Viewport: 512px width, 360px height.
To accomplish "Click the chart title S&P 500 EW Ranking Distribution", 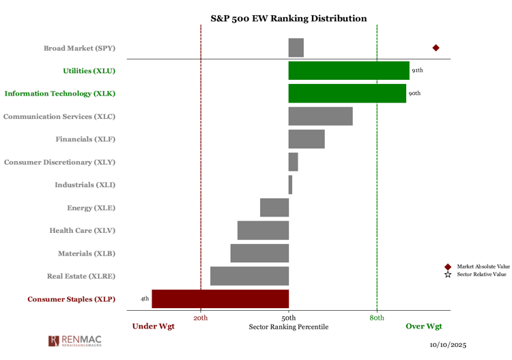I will point(288,18).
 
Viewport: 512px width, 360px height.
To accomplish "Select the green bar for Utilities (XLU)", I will point(349,70).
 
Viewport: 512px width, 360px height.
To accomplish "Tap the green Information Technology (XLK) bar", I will point(347,94).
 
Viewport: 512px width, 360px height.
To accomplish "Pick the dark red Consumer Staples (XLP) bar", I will point(220,299).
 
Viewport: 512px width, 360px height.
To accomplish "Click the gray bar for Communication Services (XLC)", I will point(320,116).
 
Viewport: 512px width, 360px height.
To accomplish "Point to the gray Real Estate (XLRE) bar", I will point(249,276).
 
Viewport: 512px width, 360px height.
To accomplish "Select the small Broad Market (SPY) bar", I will point(296,48).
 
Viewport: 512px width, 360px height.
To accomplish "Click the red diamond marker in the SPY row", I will point(436,48).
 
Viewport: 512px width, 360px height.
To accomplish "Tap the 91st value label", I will point(417,70).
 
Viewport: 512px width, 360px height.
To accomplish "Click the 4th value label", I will point(145,299).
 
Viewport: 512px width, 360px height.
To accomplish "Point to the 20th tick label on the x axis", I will point(201,318).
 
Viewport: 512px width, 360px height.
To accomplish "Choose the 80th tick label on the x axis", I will point(377,318).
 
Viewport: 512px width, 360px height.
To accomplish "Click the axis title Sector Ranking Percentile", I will point(289,327).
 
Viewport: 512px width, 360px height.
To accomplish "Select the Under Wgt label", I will point(153,327).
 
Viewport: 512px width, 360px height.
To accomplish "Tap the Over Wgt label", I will point(424,327).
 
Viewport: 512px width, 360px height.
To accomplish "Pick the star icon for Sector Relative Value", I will point(448,275).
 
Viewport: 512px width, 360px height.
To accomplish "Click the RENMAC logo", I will point(77,341).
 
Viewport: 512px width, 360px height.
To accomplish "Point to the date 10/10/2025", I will point(448,346).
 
